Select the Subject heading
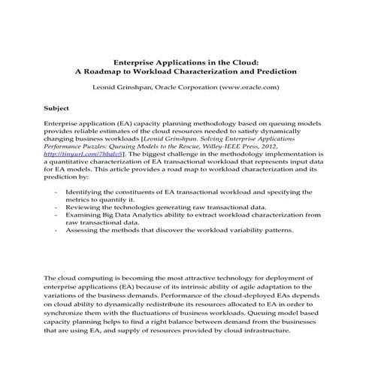[x=58, y=108]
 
